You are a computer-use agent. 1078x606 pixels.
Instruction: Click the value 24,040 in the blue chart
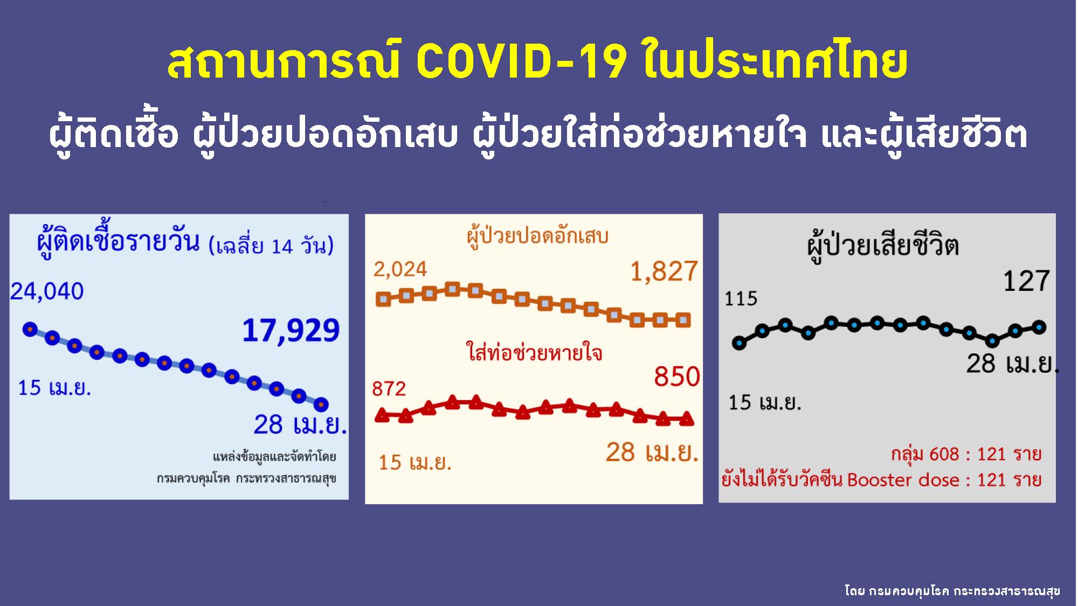click(x=47, y=291)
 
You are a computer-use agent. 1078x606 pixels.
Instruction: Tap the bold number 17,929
click(x=291, y=330)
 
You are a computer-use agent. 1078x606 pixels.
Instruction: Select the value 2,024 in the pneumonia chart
click(x=400, y=269)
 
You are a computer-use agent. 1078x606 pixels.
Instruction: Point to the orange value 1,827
click(x=664, y=271)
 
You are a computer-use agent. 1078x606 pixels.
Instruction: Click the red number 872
click(x=389, y=388)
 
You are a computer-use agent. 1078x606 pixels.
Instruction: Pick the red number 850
click(x=677, y=376)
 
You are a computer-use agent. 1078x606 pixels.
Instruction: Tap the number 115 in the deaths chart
click(x=741, y=298)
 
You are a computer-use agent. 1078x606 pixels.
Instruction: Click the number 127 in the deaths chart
click(x=1026, y=281)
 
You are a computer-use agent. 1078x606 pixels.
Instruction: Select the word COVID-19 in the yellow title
click(x=522, y=62)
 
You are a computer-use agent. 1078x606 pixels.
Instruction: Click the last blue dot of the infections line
click(x=321, y=404)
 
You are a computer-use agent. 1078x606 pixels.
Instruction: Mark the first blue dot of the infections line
click(x=30, y=329)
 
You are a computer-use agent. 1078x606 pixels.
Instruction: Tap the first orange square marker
click(x=383, y=299)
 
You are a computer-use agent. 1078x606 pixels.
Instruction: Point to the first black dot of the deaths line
click(x=740, y=343)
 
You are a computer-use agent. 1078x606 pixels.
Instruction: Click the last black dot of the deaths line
click(x=1039, y=326)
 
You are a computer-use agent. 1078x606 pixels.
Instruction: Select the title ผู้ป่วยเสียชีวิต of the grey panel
click(x=883, y=246)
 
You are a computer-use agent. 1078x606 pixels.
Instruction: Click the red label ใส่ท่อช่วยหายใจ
click(x=534, y=352)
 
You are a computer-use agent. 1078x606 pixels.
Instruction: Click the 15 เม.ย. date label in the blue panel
click(x=54, y=388)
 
